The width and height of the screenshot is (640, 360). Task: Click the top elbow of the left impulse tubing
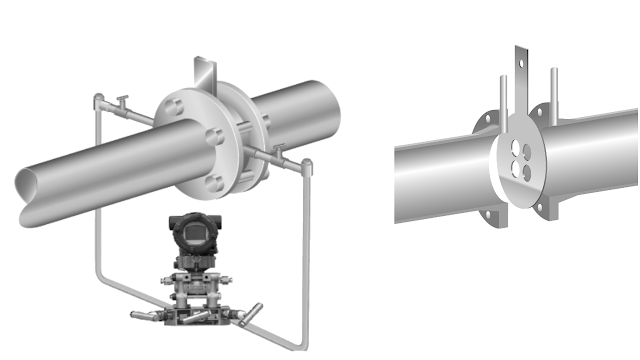coord(97,98)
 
